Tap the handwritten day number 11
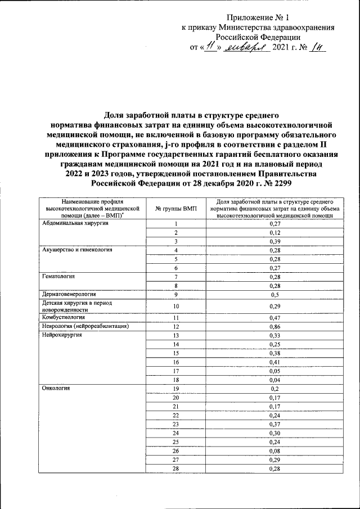pos(210,48)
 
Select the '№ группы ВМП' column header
pos(175,208)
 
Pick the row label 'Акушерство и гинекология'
pos(73,250)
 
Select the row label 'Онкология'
pos(53,389)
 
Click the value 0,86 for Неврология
pos(274,326)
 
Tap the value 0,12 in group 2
pos(274,232)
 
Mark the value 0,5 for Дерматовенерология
pos(274,294)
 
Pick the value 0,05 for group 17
pos(274,371)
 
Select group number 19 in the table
pos(175,389)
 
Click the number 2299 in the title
pos(282,184)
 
